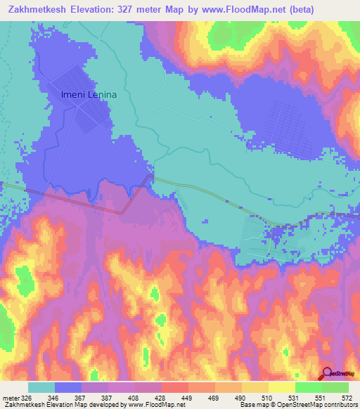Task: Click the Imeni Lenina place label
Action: (88, 94)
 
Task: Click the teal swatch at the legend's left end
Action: (41, 387)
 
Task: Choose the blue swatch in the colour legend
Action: (68, 387)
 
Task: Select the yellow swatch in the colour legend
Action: (281, 387)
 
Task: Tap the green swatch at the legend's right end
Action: (335, 387)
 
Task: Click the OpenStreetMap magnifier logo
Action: (326, 372)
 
